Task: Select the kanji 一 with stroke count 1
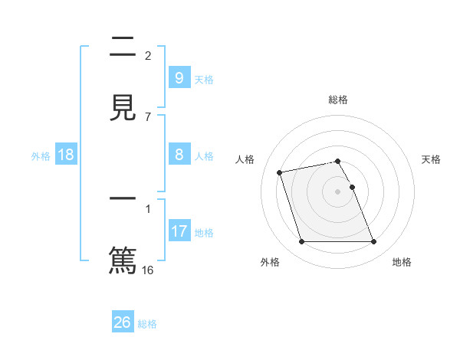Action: pos(123,200)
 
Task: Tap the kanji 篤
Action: pos(123,259)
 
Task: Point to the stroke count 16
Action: pos(148,270)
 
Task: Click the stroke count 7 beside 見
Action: pos(148,116)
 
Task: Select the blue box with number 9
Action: pos(179,78)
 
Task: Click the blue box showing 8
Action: pos(179,155)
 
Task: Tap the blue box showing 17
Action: pos(179,231)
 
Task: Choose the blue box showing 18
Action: pos(66,155)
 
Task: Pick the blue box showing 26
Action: pos(123,322)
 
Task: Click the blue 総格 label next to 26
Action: pos(147,324)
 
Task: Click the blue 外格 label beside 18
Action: pos(41,156)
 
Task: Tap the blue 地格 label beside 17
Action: pos(204,233)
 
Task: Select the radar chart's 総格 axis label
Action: pos(338,100)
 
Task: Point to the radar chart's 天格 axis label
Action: pos(431,159)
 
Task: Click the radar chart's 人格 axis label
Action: pos(245,159)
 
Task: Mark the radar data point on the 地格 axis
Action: pos(373,242)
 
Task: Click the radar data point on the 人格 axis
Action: pos(280,172)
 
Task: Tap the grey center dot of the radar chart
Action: pos(338,191)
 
